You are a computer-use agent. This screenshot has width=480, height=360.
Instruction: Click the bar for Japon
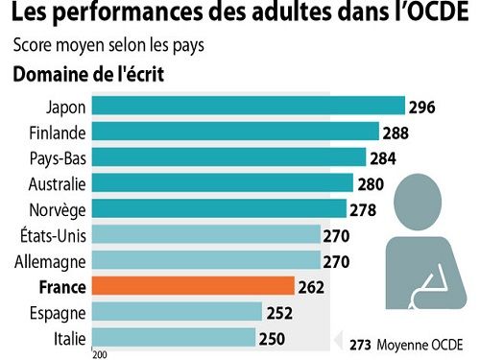249,106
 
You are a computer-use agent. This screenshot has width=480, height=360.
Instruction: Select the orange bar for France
194,286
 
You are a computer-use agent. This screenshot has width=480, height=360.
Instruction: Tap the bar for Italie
175,337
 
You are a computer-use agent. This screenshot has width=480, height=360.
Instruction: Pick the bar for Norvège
220,208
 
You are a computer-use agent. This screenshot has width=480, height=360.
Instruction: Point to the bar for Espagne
178,311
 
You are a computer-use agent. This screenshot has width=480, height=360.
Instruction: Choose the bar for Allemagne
206,260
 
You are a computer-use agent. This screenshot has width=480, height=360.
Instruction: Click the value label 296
422,107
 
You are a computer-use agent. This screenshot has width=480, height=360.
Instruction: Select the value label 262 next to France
312,286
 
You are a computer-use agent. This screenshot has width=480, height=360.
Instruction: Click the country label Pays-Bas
59,157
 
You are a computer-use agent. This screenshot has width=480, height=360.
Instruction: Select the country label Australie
58,183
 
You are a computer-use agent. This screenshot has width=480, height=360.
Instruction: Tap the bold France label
62,286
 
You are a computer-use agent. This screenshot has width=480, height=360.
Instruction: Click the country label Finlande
59,132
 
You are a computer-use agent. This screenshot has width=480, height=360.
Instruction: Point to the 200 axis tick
99,354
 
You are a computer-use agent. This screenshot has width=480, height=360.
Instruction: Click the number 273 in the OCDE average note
360,343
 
